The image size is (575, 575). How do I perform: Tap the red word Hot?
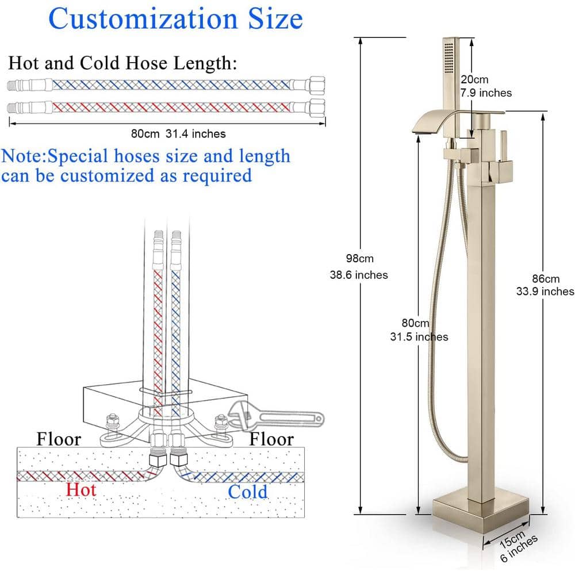(x=80, y=490)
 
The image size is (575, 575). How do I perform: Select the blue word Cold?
(x=247, y=492)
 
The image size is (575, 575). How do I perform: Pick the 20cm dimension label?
(x=474, y=80)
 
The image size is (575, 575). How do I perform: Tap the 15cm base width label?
(x=507, y=538)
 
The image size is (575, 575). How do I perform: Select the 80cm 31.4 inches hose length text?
(x=178, y=133)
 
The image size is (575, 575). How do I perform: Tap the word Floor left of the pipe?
(x=59, y=440)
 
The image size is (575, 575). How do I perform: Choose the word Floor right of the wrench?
(x=271, y=440)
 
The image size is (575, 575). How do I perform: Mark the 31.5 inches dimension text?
(x=419, y=337)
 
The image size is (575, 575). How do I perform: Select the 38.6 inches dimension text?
(x=359, y=275)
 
